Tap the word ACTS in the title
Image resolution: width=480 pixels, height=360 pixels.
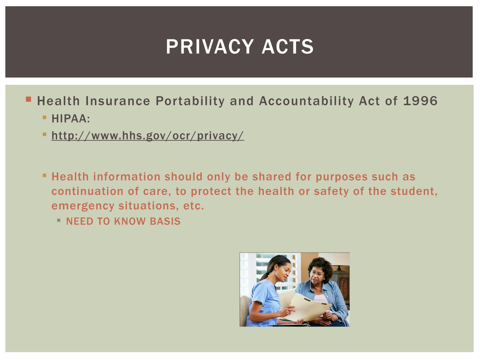coord(288,47)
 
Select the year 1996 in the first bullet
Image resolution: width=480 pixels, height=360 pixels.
coord(420,101)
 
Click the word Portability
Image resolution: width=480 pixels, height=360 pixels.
coord(190,101)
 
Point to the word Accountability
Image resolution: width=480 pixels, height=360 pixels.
coord(306,101)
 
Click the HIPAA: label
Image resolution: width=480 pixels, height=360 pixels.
coord(71,119)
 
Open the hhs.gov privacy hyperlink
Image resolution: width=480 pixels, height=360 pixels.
coord(147,136)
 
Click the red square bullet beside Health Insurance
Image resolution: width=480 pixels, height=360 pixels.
coord(28,99)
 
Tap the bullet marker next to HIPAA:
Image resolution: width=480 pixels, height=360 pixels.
coord(44,117)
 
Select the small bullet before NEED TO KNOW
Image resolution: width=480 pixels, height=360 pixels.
coord(59,220)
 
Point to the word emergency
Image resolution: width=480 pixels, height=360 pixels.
coord(83,206)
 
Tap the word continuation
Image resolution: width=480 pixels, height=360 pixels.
coord(87,191)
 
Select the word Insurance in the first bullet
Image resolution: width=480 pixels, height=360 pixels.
coord(118,101)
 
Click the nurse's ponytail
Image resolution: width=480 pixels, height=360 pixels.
coord(265,276)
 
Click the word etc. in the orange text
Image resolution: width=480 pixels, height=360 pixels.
coord(194,206)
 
